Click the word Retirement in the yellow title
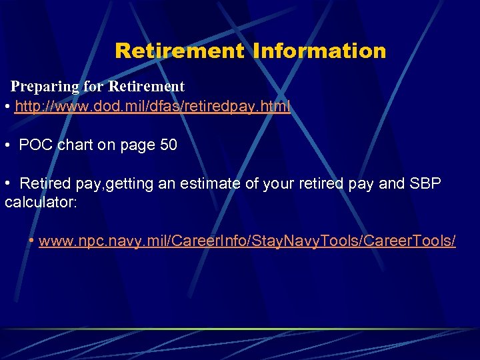179,51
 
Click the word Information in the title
319,51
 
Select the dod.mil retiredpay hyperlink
153,107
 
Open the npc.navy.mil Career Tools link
247,241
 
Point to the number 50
169,145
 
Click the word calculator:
41,202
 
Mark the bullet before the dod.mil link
7,107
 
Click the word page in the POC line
139,145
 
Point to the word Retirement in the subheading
146,87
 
